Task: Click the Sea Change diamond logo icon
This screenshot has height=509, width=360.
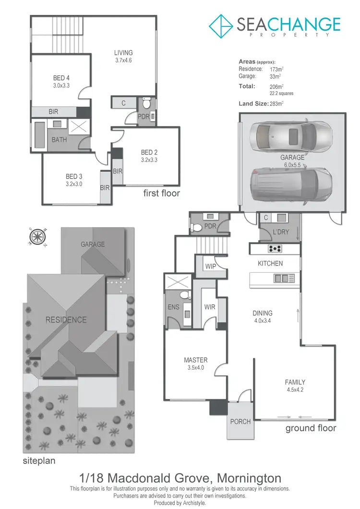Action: pyautogui.click(x=221, y=26)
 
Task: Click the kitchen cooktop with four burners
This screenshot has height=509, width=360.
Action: pyautogui.click(x=275, y=249)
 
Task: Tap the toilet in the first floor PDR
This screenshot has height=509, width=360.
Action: pyautogui.click(x=147, y=103)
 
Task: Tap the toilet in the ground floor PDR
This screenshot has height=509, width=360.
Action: pyautogui.click(x=196, y=228)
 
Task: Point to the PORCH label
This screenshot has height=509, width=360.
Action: pyautogui.click(x=240, y=422)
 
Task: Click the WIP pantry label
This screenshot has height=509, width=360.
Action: pyautogui.click(x=210, y=267)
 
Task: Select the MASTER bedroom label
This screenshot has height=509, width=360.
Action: pyautogui.click(x=195, y=360)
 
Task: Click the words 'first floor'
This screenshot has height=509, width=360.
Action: pyautogui.click(x=162, y=194)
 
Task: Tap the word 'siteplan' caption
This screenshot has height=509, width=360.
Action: pyautogui.click(x=39, y=461)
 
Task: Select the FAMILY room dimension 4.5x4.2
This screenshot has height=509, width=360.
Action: pyautogui.click(x=295, y=390)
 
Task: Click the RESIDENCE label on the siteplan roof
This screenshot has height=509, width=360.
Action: pyautogui.click(x=66, y=320)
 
